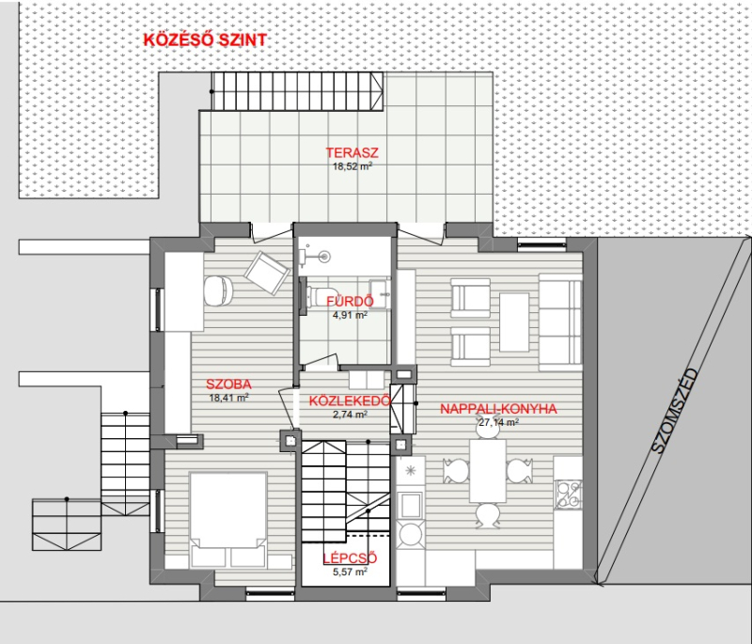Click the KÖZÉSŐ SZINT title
pyautogui.click(x=205, y=39)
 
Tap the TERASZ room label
pyautogui.click(x=352, y=152)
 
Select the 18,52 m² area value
pyautogui.click(x=352, y=166)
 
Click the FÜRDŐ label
pyautogui.click(x=350, y=301)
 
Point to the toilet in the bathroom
pyautogui.click(x=317, y=295)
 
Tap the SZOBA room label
pyautogui.click(x=228, y=385)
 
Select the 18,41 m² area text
pyautogui.click(x=228, y=398)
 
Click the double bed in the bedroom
pyautogui.click(x=228, y=520)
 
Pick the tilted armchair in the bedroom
pyautogui.click(x=267, y=272)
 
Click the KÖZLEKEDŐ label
pyautogui.click(x=350, y=401)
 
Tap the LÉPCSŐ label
pyautogui.click(x=350, y=558)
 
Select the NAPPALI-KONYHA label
pyautogui.click(x=498, y=409)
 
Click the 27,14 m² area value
pyautogui.click(x=498, y=422)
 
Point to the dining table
pyautogui.click(x=487, y=471)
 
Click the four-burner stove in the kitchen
pyautogui.click(x=569, y=495)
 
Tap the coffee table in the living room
pyautogui.click(x=514, y=322)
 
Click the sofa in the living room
pyautogui.click(x=560, y=322)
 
